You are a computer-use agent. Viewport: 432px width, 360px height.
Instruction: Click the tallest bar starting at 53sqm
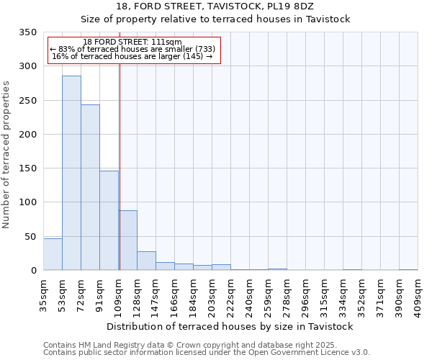71,173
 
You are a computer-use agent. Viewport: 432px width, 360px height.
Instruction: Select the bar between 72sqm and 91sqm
90,187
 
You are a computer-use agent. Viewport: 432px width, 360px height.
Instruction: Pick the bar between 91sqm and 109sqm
109,220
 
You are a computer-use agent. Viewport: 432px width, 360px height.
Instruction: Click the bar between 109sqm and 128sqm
128,240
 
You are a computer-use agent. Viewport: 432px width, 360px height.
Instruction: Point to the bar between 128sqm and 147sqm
146,261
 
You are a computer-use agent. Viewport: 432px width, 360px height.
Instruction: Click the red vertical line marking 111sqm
120,166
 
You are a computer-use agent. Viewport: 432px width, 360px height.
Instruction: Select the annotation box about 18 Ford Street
132,50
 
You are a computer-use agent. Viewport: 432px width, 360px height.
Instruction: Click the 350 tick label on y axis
27,32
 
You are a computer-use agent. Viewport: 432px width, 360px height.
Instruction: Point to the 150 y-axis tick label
27,168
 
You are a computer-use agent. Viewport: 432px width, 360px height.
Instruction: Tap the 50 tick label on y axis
30,237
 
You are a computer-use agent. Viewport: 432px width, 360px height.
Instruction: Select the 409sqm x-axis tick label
418,293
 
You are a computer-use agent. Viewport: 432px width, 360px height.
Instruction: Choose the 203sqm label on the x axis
212,293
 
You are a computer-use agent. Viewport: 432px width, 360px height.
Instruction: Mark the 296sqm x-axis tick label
305,293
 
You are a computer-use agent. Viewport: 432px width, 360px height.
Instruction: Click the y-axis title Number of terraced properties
7,154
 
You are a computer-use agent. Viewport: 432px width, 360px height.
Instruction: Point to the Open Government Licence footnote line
207,353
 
